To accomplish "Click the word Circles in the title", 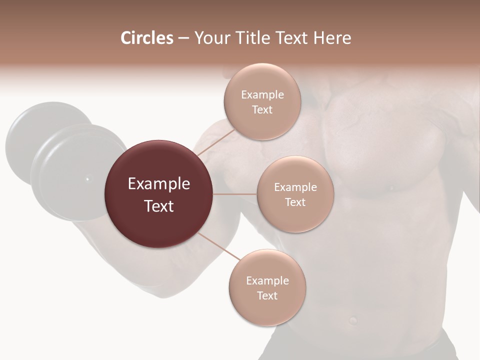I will pyautogui.click(x=146, y=38).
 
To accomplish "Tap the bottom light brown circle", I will pyautogui.click(x=267, y=310).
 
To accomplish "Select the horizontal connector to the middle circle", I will pyautogui.click(x=235, y=194).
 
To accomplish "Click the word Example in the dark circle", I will pyautogui.click(x=159, y=184).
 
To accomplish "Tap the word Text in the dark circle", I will pyautogui.click(x=159, y=206).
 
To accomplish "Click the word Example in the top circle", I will pyautogui.click(x=262, y=94).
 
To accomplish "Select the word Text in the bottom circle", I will pyautogui.click(x=267, y=295).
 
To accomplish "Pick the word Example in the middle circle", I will pyautogui.click(x=295, y=187).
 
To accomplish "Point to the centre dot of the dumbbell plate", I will pyautogui.click(x=87, y=178).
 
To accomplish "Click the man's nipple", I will pyautogui.click(x=391, y=188).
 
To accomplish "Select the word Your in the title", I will pyautogui.click(x=210, y=38).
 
